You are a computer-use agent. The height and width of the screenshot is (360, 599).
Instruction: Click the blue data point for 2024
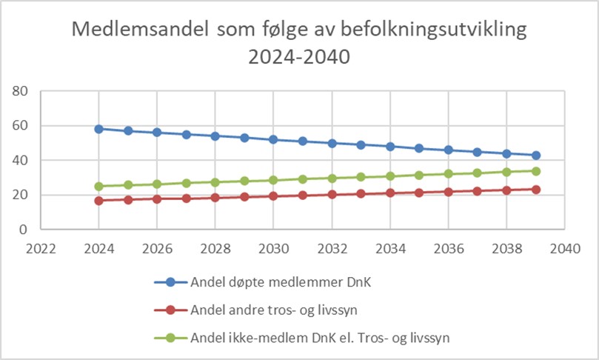(x=99, y=129)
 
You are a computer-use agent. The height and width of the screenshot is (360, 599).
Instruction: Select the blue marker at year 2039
(x=536, y=156)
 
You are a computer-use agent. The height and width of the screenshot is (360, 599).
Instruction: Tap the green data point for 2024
(x=99, y=186)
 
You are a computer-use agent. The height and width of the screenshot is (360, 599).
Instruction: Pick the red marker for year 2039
(x=536, y=190)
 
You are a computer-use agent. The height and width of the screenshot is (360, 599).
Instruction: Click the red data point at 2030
(x=274, y=196)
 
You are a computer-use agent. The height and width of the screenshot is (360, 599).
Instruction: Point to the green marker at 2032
(x=332, y=178)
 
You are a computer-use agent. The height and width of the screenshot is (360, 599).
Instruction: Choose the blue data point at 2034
(x=390, y=147)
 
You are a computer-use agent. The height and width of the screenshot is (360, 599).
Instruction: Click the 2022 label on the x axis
(x=41, y=248)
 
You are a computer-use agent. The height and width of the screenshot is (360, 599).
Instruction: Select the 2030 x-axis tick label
(x=274, y=248)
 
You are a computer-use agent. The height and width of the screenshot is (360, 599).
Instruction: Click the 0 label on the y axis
(x=24, y=230)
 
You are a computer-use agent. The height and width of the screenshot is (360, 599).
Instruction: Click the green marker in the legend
(x=170, y=338)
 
